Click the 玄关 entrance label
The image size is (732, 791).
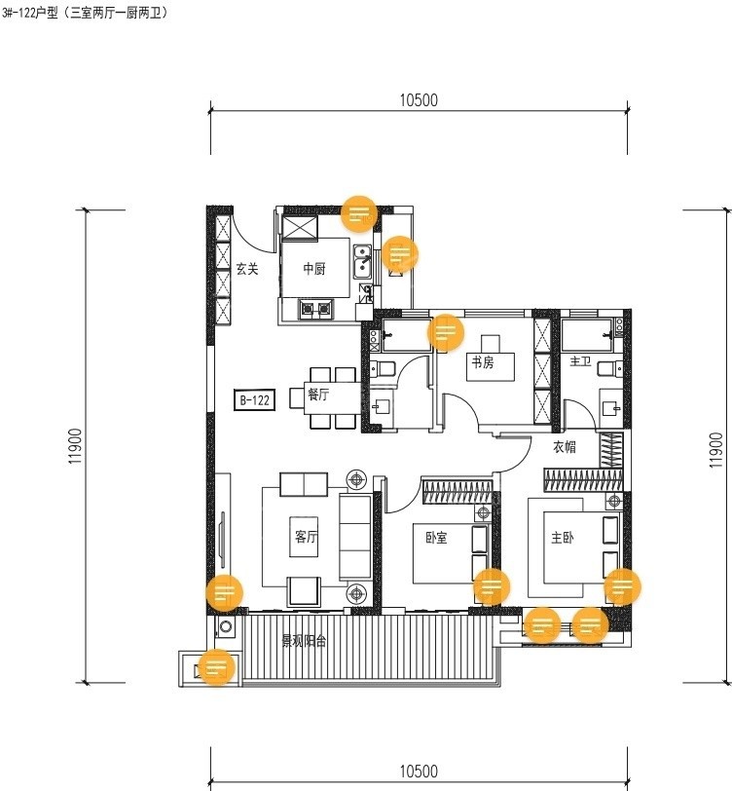(247, 269)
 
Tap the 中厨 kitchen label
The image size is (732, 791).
(314, 269)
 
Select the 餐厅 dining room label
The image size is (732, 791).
(318, 395)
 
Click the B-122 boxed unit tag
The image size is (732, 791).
(255, 400)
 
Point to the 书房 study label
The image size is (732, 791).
(483, 361)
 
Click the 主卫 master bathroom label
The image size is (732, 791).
(580, 361)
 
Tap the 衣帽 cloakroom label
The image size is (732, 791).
(565, 447)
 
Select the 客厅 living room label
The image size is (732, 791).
(306, 536)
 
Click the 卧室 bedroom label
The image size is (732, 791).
(436, 538)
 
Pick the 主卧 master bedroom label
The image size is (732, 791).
(562, 538)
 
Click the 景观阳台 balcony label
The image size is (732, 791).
(304, 641)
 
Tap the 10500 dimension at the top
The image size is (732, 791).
(419, 100)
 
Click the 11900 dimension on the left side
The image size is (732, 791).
(76, 446)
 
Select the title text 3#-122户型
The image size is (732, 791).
(30, 13)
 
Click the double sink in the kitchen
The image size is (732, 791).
(362, 261)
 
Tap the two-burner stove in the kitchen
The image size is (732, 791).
(316, 308)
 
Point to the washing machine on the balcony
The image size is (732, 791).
(225, 627)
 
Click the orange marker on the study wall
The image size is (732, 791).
(445, 332)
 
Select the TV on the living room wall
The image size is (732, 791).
(223, 540)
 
